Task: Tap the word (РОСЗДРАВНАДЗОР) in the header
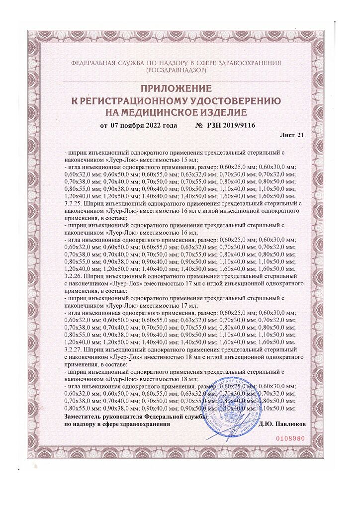(x=177, y=71)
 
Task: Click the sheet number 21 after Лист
(x=300, y=135)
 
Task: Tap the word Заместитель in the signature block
(x=84, y=416)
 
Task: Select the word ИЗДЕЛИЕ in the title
(x=222, y=111)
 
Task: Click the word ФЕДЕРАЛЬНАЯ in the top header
(x=97, y=63)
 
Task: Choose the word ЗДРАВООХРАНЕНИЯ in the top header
(x=252, y=63)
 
